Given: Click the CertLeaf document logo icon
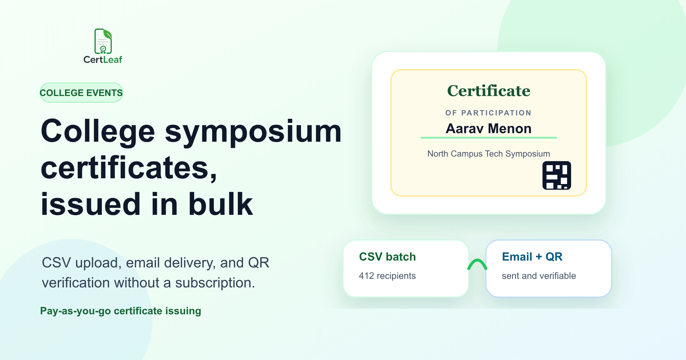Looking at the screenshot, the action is coord(103,41).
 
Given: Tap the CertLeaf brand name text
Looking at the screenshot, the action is coord(103,59).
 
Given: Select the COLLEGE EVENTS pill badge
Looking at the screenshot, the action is coord(81,93).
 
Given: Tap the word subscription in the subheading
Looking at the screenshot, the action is coord(215,283).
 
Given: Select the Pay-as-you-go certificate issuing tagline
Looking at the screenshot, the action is coord(121,311).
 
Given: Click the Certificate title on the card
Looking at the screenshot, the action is coord(489,91).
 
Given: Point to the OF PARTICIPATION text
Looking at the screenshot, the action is coord(488,113).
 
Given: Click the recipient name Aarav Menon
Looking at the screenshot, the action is coord(488,129).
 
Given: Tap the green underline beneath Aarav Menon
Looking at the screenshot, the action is coord(489,138).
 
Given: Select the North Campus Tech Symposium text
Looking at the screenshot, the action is coord(488,154).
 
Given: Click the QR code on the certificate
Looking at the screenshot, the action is coord(557,175).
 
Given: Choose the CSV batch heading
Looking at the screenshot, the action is coord(387,257).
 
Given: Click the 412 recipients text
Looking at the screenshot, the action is coord(387,276).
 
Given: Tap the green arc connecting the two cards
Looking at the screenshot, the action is coord(477,260).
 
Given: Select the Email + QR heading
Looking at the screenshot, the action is coord(532,257).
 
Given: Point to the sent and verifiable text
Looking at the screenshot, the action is coord(539,276).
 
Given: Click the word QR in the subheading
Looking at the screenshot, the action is coord(259,263).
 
